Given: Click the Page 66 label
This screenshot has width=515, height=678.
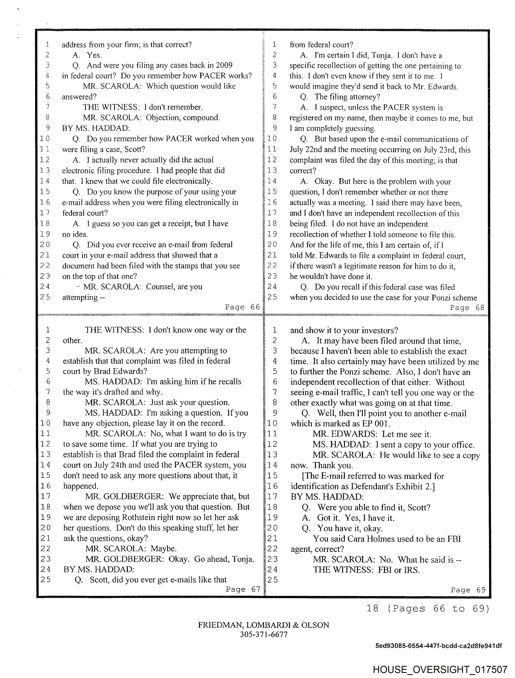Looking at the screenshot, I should [242, 307].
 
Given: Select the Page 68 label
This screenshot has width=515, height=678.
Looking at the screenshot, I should [467, 308].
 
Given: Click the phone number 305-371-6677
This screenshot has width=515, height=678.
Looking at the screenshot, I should [264, 634].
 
